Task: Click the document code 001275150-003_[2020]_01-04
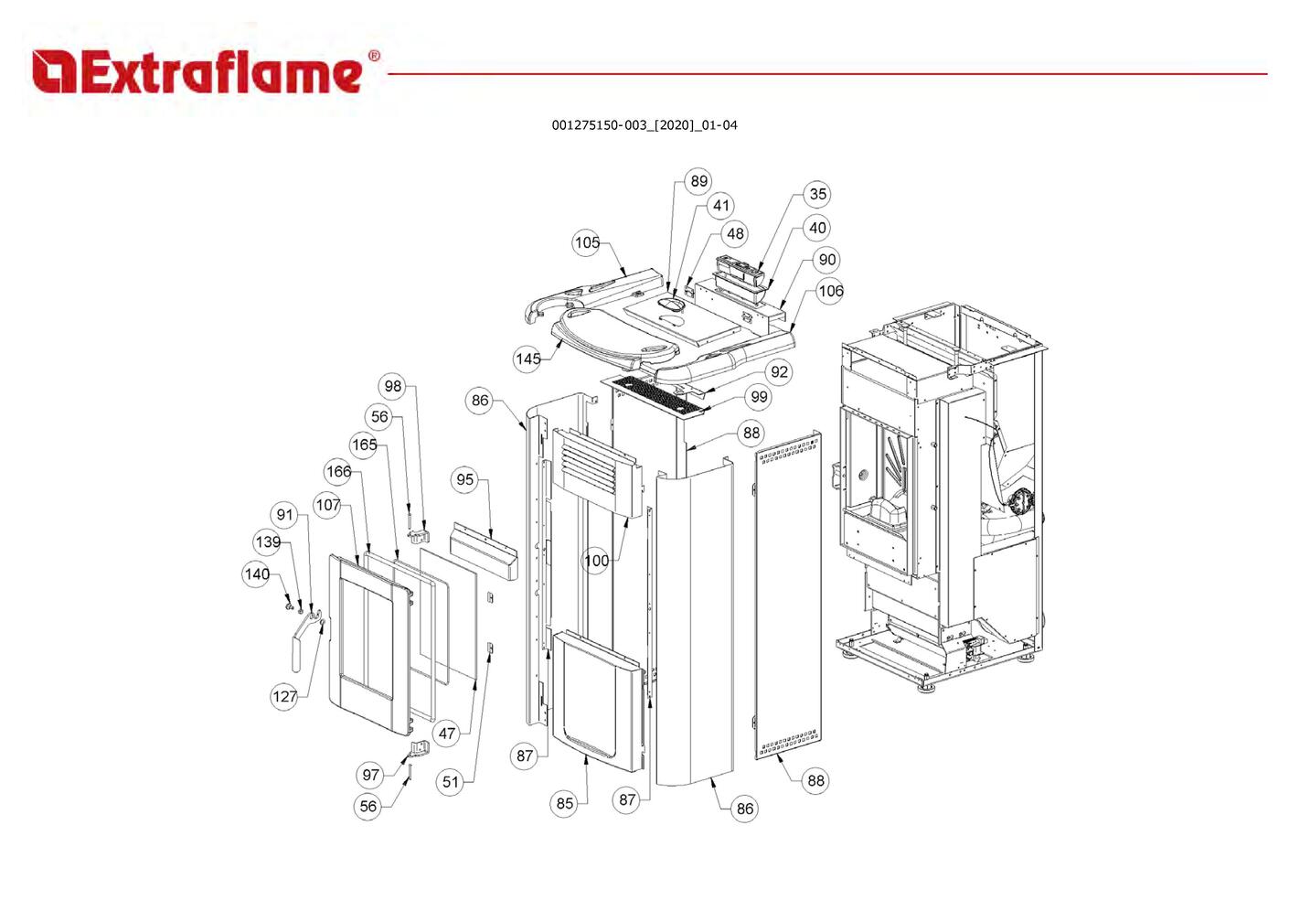point(644,125)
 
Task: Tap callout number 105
point(587,242)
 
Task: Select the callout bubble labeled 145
point(527,359)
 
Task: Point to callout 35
point(817,194)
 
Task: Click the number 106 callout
point(830,291)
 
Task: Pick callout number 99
point(759,397)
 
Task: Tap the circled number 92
point(779,371)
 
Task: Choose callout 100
point(596,560)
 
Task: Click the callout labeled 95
point(465,479)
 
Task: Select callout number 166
point(338,472)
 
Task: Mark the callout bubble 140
point(257,574)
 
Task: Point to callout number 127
point(284,696)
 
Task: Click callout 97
point(370,775)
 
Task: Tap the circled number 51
point(451,781)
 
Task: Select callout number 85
point(565,803)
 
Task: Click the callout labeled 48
point(735,233)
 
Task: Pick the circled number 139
point(268,541)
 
